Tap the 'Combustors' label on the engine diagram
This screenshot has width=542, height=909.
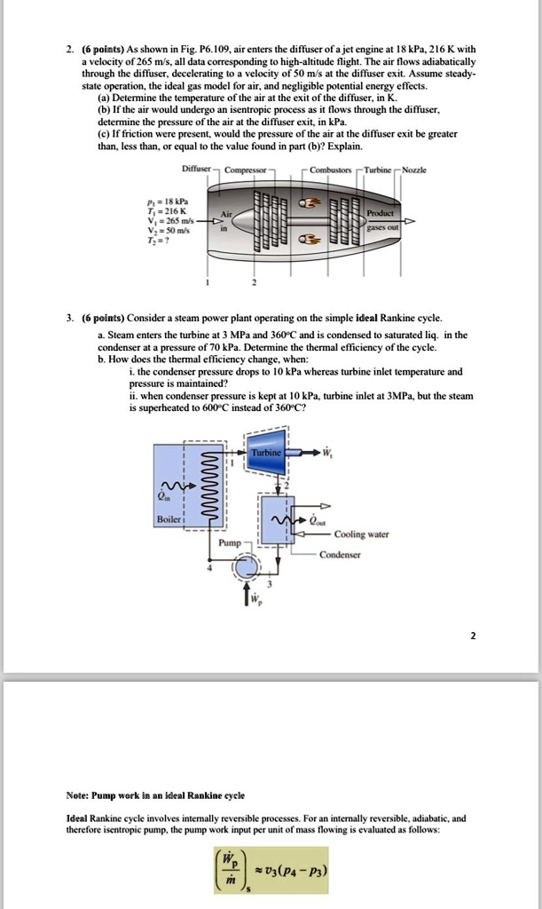click(329, 170)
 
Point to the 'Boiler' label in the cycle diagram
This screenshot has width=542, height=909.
click(168, 518)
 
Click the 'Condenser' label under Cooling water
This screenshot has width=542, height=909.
click(341, 553)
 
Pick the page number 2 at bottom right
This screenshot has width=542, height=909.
click(474, 635)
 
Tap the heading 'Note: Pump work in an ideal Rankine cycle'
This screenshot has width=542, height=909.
click(156, 794)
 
